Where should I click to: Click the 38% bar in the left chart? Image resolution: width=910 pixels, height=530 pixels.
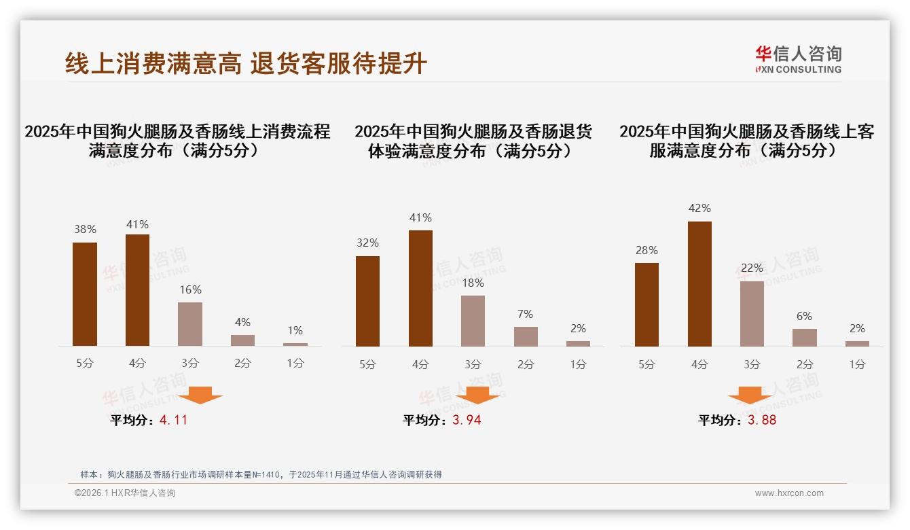[x=85, y=294]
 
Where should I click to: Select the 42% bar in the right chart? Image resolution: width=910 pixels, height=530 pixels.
[x=699, y=284]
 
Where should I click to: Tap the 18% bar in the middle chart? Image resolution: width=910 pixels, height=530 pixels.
[x=473, y=321]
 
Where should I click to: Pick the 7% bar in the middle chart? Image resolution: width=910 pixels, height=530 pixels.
[x=526, y=336]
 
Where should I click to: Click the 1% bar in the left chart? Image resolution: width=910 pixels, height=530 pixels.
[x=295, y=344]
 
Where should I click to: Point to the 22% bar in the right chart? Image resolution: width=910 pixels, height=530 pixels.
[x=752, y=314]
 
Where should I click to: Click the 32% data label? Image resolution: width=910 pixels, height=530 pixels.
[x=367, y=243]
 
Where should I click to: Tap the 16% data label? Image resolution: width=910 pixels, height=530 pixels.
[x=190, y=289]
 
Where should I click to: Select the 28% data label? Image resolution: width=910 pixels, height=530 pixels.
[x=647, y=250]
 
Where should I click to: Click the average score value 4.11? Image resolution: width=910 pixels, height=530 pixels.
[x=173, y=420]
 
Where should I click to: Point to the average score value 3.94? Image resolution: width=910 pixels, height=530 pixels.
[x=467, y=420]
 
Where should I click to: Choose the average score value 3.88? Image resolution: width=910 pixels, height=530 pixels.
[x=762, y=420]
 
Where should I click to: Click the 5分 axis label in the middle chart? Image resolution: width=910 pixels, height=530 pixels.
[x=367, y=364]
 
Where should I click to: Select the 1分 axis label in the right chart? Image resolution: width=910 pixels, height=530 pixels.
[x=857, y=364]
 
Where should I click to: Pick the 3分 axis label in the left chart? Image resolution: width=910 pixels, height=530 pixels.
[x=190, y=364]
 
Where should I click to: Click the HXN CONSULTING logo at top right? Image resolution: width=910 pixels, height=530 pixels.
[x=798, y=60]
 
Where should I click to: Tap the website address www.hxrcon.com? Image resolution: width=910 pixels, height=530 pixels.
[x=789, y=493]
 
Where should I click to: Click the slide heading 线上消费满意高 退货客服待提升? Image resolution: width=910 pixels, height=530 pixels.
[x=246, y=63]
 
